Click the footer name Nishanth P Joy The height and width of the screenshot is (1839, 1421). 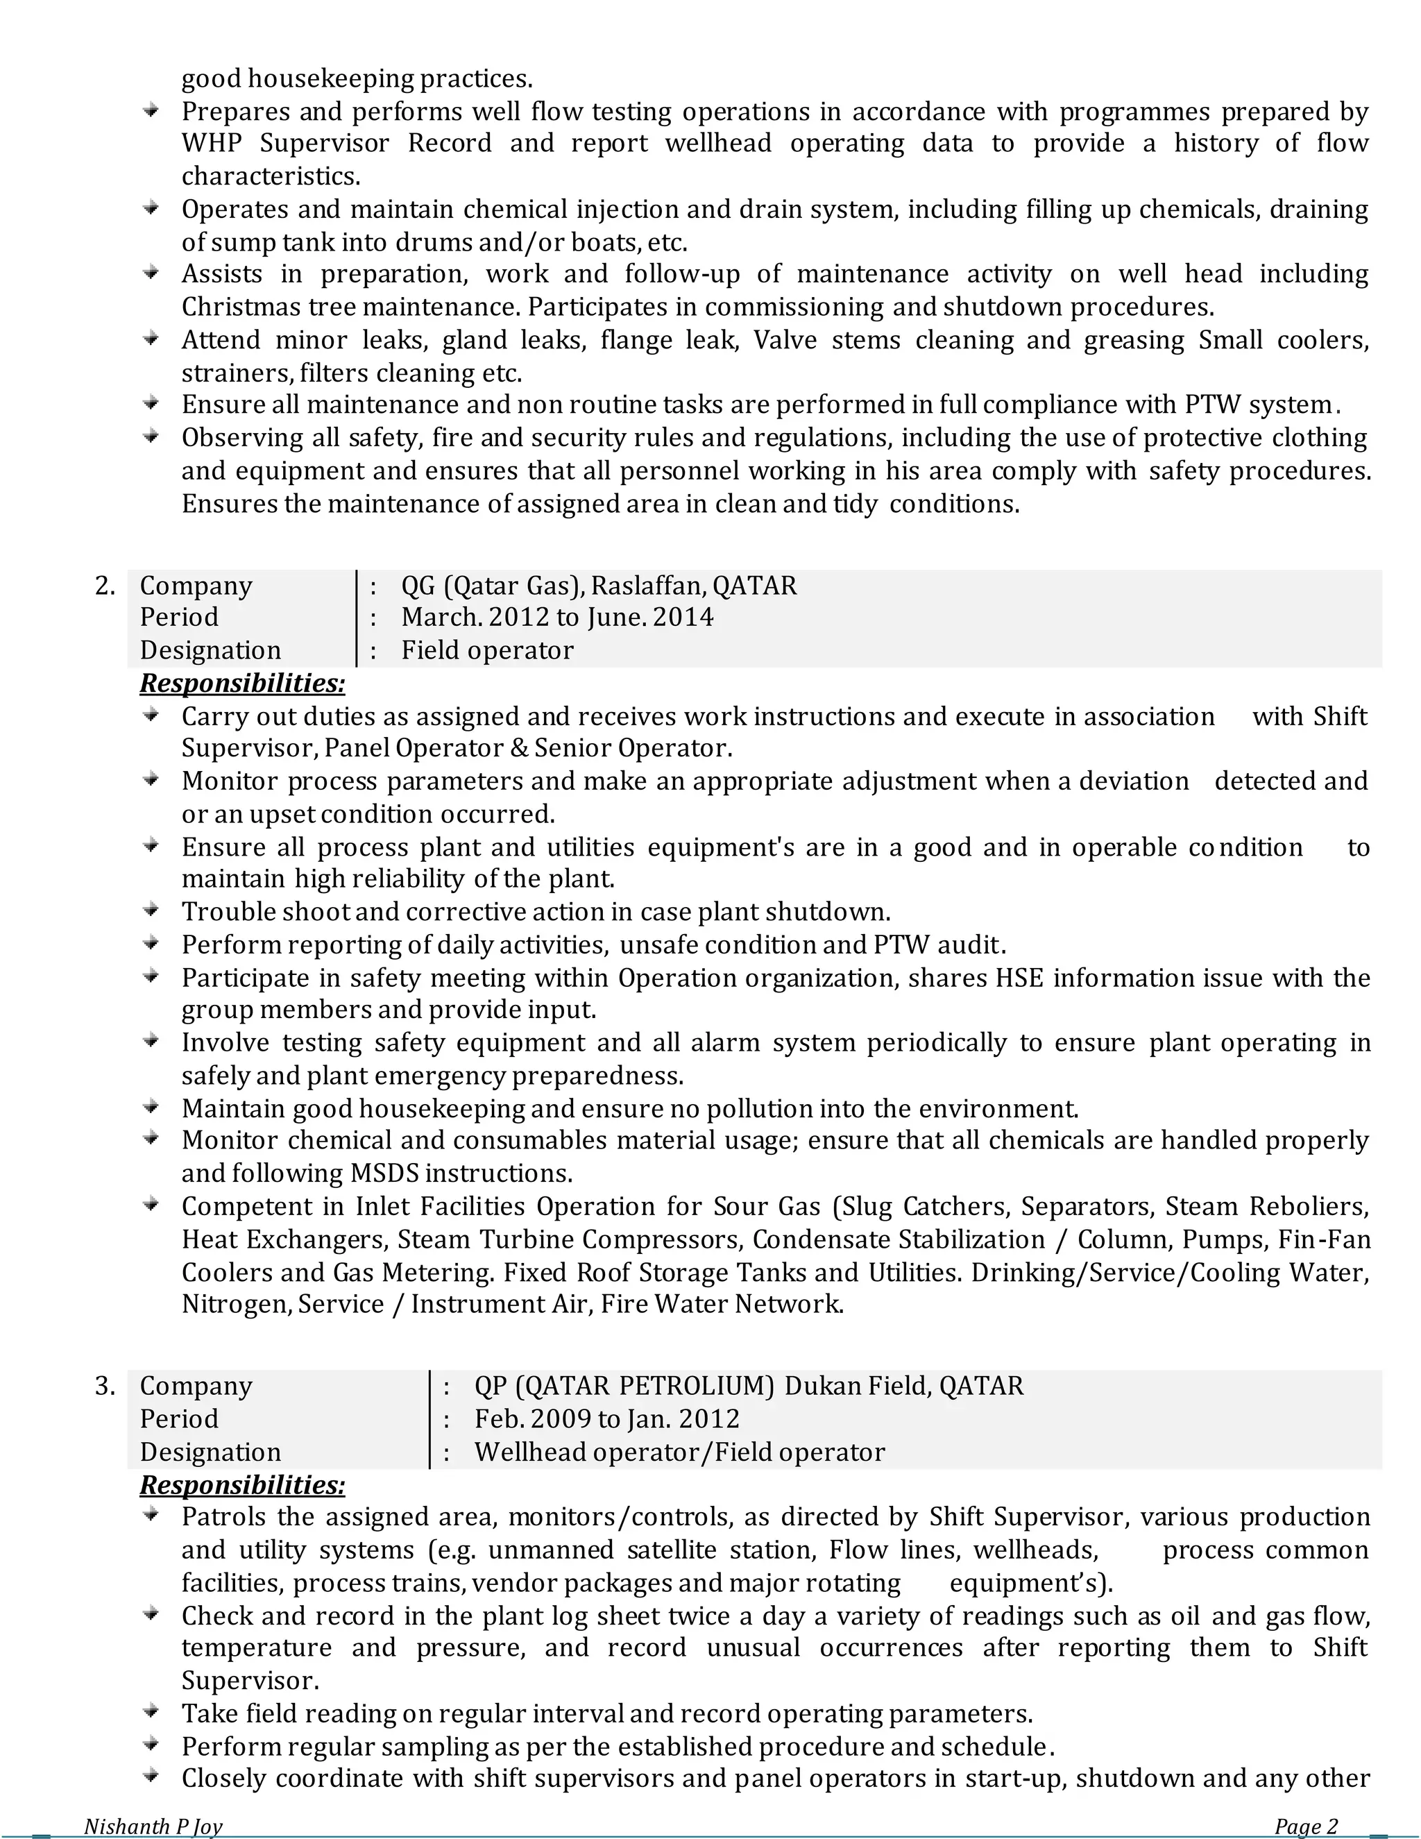pyautogui.click(x=153, y=1826)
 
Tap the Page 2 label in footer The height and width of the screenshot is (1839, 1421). pyautogui.click(x=1306, y=1826)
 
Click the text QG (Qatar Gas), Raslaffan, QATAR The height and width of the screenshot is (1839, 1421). pyautogui.click(x=599, y=585)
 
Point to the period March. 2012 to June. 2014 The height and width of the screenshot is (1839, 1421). pyautogui.click(x=557, y=617)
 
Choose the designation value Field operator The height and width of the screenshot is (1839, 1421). pyautogui.click(x=487, y=650)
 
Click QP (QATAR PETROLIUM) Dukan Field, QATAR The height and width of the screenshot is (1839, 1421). pyautogui.click(x=749, y=1385)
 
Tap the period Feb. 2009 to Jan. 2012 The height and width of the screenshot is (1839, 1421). pyautogui.click(x=607, y=1418)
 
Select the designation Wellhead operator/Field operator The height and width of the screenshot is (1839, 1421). pyautogui.click(x=679, y=1452)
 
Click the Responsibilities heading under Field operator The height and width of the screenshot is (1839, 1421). pyautogui.click(x=242, y=683)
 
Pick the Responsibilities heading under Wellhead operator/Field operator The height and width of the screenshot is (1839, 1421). pyautogui.click(x=242, y=1484)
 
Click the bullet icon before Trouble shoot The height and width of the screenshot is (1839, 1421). pyautogui.click(x=151, y=909)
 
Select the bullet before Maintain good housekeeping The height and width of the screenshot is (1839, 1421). pyautogui.click(x=151, y=1105)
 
